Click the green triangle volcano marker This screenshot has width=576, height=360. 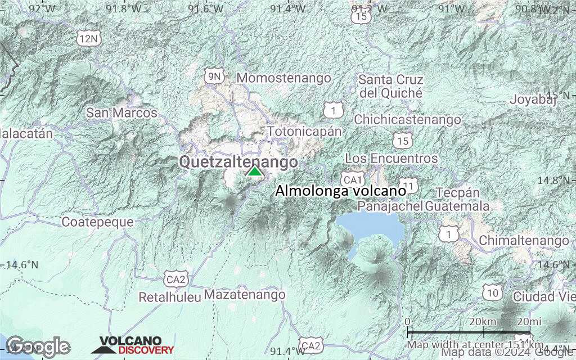pos(255,171)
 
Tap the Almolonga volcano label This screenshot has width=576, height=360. pos(340,191)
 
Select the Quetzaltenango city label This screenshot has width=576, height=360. pos(238,162)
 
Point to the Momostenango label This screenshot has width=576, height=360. pos(284,78)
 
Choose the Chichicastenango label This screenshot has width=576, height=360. pos(407,119)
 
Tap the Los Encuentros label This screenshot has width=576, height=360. pos(391,159)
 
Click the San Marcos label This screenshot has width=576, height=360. pos(121,113)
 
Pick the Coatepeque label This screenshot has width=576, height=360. pos(97,222)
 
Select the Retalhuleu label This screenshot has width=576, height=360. pos(169,296)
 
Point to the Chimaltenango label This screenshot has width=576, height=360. pos(524,241)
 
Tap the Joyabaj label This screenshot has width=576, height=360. pos(533,100)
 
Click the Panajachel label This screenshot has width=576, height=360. pos(390,206)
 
